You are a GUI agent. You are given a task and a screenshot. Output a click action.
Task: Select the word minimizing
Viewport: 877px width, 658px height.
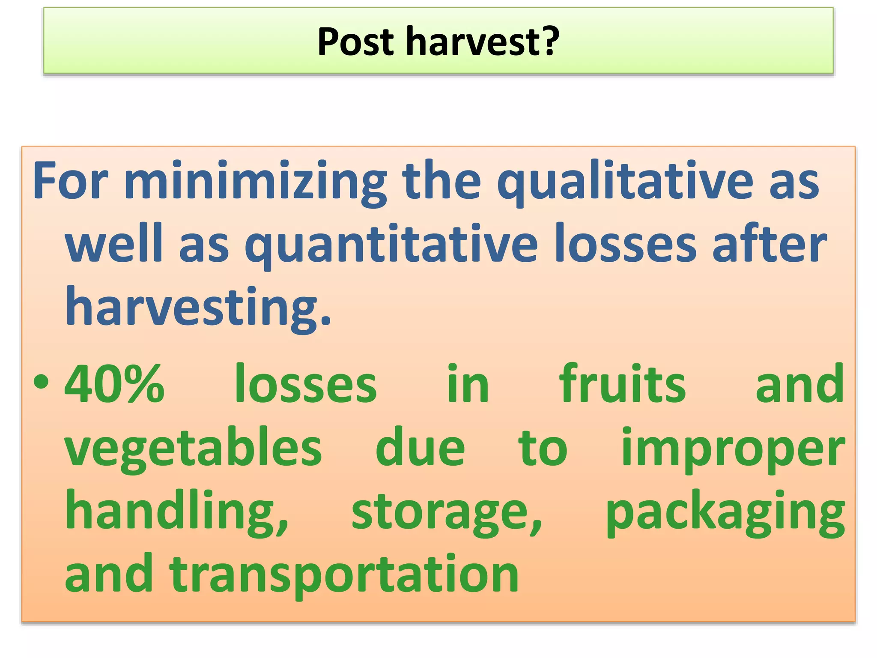point(255,182)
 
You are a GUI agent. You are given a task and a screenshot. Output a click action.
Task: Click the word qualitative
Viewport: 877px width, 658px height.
point(625,182)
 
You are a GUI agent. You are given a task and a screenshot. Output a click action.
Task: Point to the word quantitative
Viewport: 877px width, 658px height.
point(391,245)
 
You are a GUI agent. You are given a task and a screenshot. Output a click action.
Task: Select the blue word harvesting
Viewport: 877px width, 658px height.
point(198,308)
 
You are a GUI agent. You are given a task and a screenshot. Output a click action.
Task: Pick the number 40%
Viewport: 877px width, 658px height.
point(114,383)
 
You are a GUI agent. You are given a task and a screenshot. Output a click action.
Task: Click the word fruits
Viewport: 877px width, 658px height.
point(622,383)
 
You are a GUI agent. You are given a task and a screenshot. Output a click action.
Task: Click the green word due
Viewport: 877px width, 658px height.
point(420,448)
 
